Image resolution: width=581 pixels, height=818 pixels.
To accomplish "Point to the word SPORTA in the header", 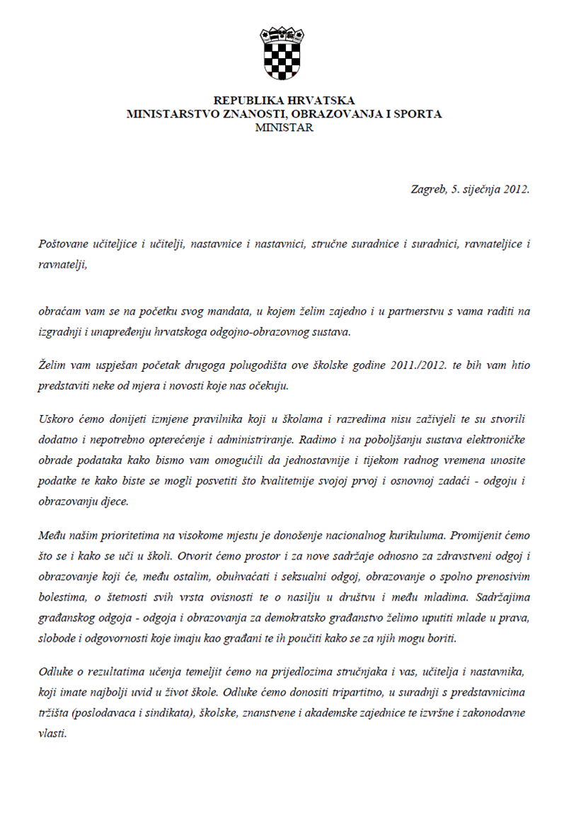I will coord(418,113).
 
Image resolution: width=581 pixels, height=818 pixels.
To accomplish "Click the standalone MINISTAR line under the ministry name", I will coord(284,127).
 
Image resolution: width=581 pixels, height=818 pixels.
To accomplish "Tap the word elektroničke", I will coord(498,439).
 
